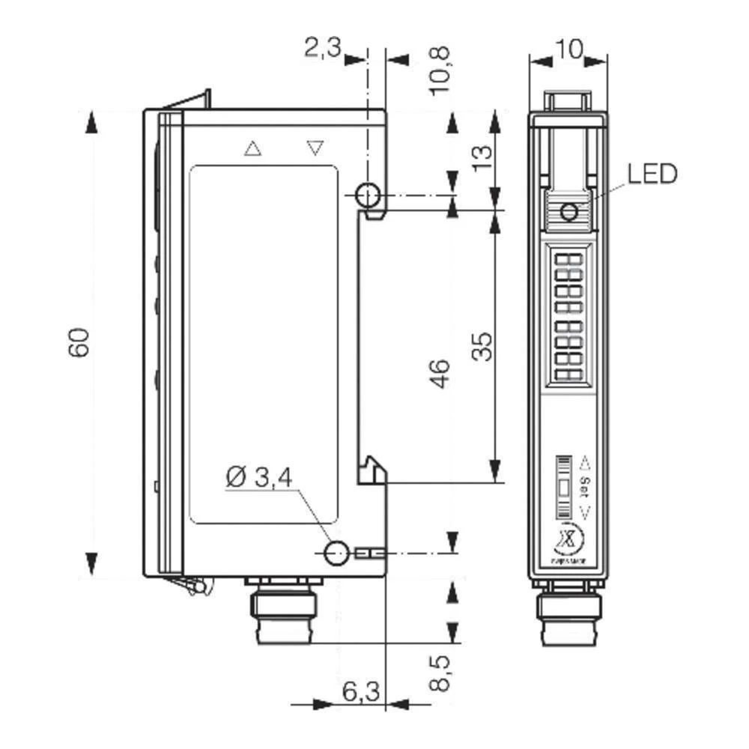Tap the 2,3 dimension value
pos(322,49)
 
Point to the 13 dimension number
pos(483,155)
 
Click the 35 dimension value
pos(485,346)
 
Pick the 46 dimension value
pos(441,373)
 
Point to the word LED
pos(652,174)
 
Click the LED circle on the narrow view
pos(569,213)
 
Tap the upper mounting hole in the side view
pos(367,195)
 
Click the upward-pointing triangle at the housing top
pos(253,148)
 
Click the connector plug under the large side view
pos(284,610)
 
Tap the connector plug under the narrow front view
pos(568,614)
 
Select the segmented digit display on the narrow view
pos(568,318)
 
